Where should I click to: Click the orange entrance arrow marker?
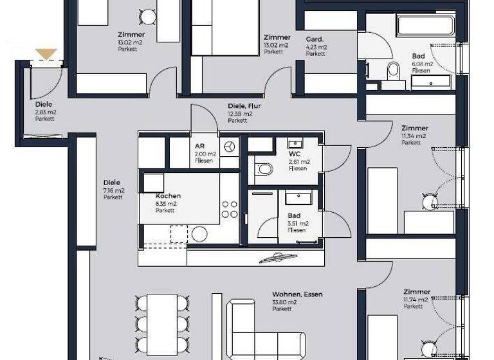pos(46,54)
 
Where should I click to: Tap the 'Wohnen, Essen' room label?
pos(297,294)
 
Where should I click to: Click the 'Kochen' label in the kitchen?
pos(168,196)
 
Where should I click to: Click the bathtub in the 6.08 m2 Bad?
pos(425,26)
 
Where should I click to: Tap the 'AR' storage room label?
pos(199,146)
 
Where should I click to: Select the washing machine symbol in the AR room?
pos(230,147)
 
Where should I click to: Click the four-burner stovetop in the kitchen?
pos(230,209)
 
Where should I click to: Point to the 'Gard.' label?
pos(315,39)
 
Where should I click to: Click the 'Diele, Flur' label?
pos(244,106)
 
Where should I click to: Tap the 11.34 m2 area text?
pos(414,136)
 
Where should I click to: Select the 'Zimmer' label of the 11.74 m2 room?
pos(416,292)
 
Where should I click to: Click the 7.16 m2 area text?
pos(113,190)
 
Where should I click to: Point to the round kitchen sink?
pos(199,234)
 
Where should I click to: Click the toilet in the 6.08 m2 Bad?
pos(392,71)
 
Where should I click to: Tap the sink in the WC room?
pos(295,143)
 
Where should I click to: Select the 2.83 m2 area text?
pos(45,112)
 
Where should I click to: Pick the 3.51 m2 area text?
pos(298,223)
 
